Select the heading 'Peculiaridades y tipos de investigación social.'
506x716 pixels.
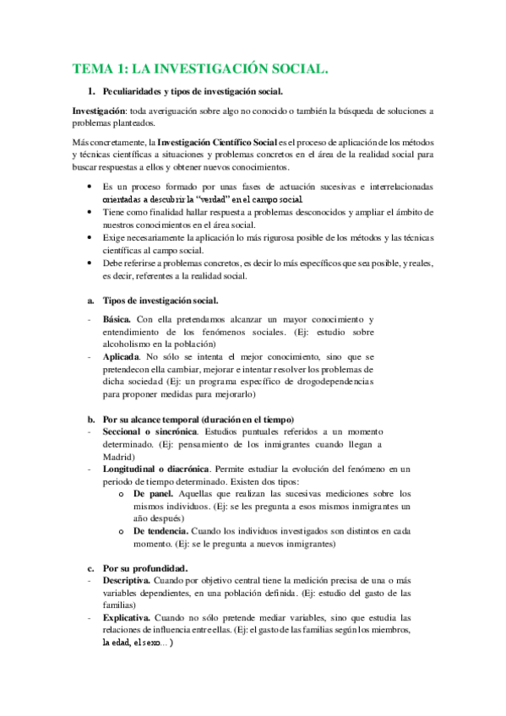193,92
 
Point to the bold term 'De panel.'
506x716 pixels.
155,493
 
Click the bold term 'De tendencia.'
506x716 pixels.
161,531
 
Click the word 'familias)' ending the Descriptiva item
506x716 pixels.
121,605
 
